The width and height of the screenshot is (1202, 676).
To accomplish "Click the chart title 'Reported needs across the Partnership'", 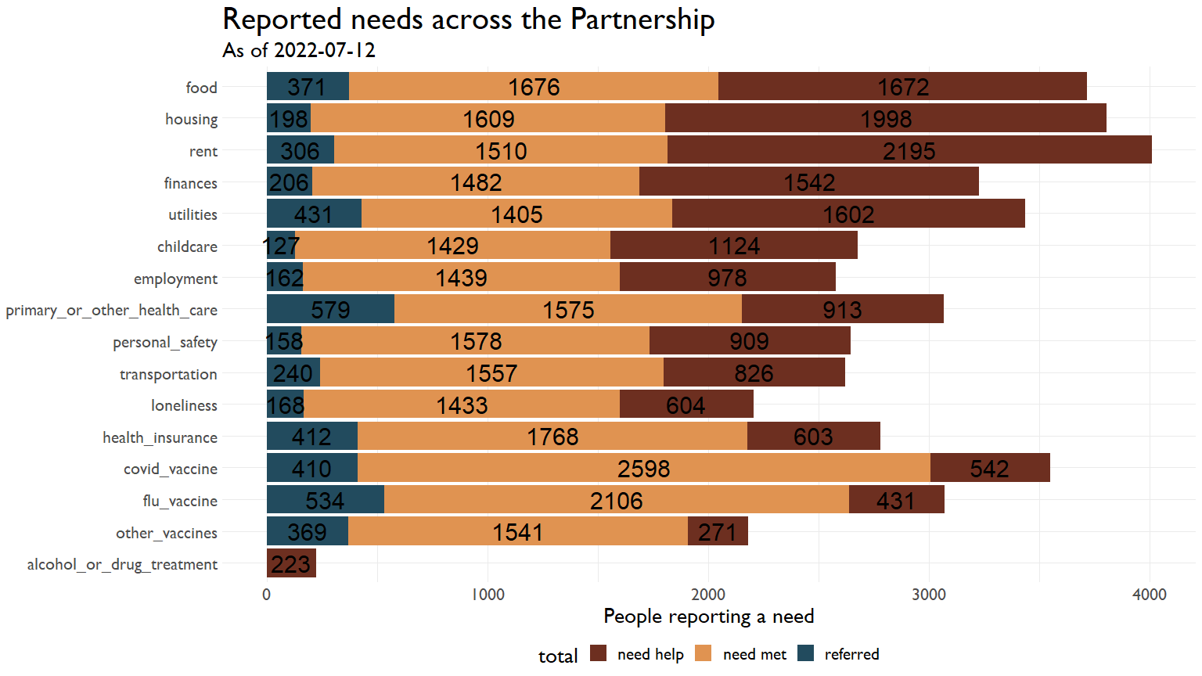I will (468, 20).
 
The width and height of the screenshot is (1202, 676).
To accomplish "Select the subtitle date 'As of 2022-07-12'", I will (299, 51).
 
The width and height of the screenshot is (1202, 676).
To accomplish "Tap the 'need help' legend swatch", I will (599, 654).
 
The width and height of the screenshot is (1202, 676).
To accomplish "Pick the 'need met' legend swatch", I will (704, 654).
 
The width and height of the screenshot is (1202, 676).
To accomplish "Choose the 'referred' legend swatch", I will (806, 654).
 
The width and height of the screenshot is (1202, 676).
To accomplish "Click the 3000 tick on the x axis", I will (929, 595).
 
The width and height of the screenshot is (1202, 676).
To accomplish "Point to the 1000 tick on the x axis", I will (488, 595).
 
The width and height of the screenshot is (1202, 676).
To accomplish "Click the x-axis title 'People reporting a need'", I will (708, 617).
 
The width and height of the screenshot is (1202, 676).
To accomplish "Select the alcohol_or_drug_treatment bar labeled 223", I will (291, 563).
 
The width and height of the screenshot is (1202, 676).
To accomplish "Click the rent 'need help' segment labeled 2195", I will (909, 150).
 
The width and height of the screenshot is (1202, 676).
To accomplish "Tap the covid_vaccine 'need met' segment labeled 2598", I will (643, 468).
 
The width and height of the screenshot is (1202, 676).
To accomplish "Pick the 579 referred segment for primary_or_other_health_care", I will (330, 309).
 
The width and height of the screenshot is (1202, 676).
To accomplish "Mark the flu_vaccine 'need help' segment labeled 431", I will (896, 500).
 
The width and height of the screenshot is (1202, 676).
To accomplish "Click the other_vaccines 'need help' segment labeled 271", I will (718, 532).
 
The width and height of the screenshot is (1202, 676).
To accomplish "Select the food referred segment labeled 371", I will (307, 87).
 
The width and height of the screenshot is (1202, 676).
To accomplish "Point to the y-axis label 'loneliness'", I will (184, 405).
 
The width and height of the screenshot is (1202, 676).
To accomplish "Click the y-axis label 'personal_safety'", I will (165, 342).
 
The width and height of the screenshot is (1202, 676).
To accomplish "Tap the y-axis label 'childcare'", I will (187, 246).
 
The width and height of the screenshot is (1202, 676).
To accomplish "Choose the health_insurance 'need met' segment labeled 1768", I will (552, 436).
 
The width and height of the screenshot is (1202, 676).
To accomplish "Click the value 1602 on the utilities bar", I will (848, 214).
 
